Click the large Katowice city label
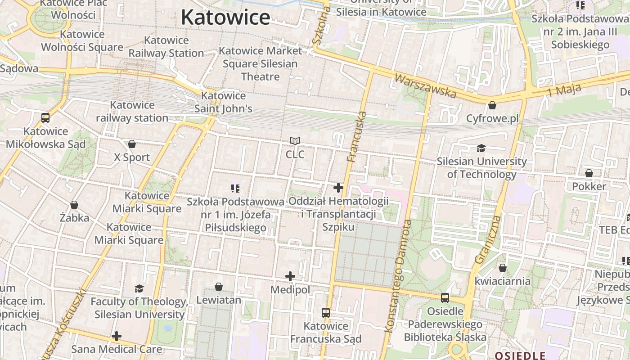coord(225,18)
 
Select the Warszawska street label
coord(425,85)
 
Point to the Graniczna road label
coord(488,239)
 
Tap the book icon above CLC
coord(295,141)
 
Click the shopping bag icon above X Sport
coord(132,144)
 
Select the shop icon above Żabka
coord(74,205)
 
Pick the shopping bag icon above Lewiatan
coord(219,287)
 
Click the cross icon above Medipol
coord(290,276)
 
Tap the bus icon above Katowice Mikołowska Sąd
coord(45,118)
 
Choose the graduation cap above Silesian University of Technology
coord(481,148)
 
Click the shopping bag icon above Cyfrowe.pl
coord(492,105)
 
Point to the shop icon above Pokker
coord(589,173)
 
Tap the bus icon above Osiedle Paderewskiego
coord(445,297)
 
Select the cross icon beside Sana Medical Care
coord(117,336)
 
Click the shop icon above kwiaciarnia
coord(503,268)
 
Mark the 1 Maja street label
coord(564,90)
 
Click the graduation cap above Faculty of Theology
coord(139,288)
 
